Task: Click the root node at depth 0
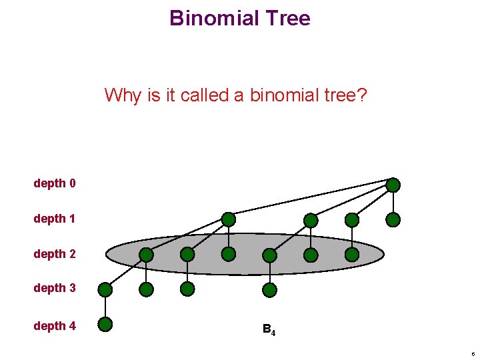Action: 393,185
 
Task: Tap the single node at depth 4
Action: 105,325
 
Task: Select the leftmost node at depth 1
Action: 229,219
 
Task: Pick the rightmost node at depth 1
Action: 393,219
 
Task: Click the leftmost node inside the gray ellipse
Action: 146,255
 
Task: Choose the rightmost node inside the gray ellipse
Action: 352,254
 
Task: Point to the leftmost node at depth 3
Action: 105,289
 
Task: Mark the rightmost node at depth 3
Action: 269,289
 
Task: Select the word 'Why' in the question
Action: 123,95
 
